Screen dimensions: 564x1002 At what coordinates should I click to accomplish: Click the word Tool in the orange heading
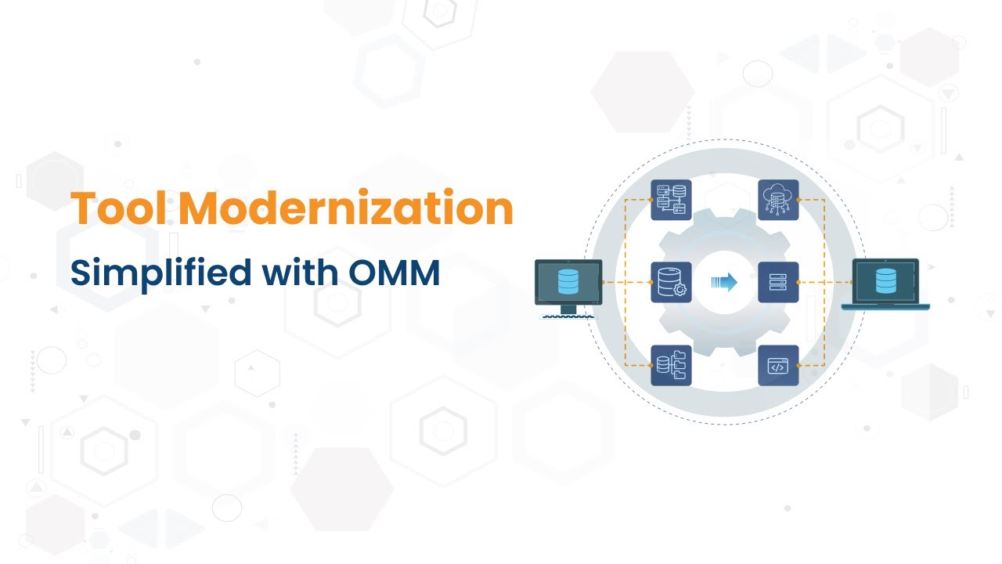pos(121,209)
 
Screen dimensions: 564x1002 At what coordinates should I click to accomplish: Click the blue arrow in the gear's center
pos(724,282)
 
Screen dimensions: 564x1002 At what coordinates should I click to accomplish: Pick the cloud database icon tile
pos(778,199)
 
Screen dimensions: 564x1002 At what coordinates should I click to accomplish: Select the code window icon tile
pos(778,366)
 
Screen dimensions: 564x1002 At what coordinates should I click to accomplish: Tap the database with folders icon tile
pos(671,366)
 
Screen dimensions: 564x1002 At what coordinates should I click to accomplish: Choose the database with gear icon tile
pos(671,282)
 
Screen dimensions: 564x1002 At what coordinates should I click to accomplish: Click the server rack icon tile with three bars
pos(778,282)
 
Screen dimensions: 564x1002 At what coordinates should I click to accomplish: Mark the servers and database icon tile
pos(671,199)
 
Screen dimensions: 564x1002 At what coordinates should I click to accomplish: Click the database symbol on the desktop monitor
pos(568,281)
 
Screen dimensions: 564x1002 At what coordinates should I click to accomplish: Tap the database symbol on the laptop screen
pos(885,280)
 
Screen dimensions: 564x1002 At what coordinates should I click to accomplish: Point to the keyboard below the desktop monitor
pos(569,316)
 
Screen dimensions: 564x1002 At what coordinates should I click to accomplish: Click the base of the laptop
pos(885,306)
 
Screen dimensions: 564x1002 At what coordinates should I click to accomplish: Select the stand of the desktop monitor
pos(568,309)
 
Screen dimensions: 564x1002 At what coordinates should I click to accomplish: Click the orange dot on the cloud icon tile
pos(798,199)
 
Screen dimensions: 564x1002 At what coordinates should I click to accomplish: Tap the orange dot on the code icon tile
pos(798,366)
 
